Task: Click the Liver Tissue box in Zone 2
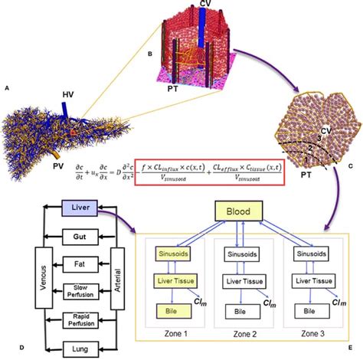246,283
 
